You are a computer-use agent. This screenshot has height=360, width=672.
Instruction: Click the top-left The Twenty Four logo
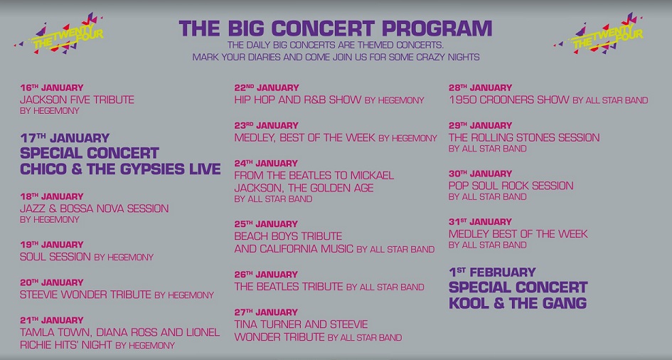59,34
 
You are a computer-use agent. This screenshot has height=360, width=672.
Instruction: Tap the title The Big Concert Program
336,28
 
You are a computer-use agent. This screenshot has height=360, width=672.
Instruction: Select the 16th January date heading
52,88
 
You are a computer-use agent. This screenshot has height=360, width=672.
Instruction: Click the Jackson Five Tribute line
77,100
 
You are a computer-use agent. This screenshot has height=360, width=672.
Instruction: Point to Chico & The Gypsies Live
120,169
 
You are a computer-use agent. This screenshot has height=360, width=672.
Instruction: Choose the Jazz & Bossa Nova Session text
95,208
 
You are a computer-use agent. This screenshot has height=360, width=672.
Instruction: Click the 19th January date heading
52,245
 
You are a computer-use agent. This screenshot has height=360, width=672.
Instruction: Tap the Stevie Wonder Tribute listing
86,295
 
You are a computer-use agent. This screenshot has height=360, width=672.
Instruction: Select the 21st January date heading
52,320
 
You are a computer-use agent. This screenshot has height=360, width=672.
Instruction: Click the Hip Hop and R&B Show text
298,100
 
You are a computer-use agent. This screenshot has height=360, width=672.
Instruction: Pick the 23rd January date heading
266,125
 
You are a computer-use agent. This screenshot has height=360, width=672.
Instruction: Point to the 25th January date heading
266,224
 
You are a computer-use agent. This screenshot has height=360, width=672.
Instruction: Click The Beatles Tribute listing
289,287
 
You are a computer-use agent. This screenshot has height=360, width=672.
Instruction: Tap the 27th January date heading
266,312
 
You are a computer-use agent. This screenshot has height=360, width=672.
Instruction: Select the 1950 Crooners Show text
509,100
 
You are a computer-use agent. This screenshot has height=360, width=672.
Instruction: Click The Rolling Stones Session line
524,137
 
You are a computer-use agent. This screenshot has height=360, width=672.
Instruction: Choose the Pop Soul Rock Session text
511,186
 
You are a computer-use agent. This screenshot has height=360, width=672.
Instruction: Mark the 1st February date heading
492,272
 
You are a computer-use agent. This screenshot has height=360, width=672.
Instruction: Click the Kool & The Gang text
518,303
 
